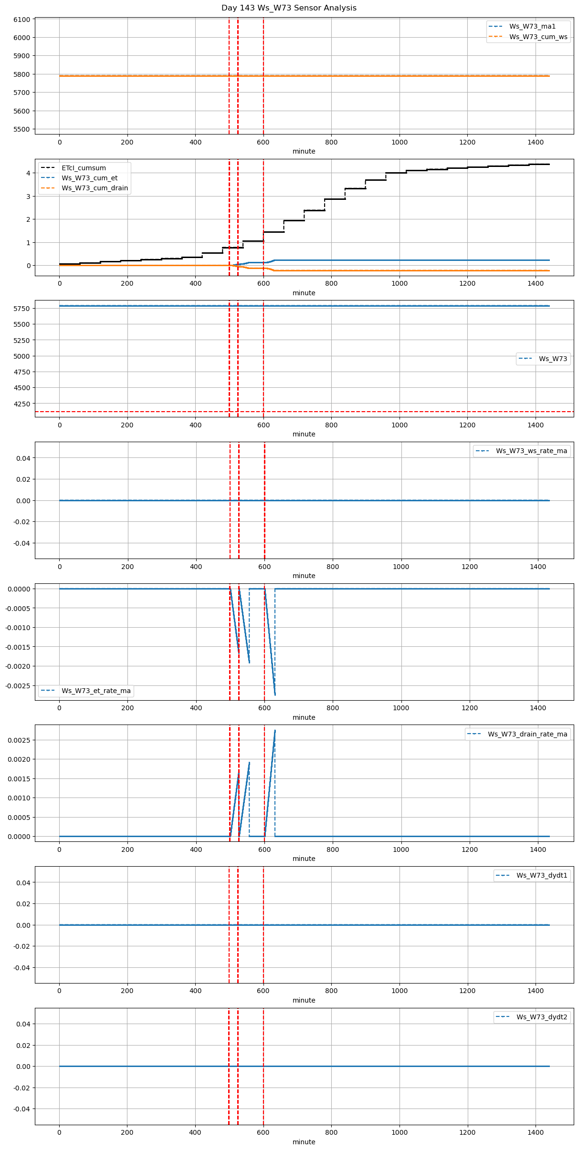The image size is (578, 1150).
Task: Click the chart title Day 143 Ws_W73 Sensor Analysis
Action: pyautogui.click(x=289, y=8)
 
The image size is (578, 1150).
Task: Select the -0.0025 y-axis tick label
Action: pyautogui.click(x=18, y=686)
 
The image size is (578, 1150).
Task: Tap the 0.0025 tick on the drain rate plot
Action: pyautogui.click(x=20, y=740)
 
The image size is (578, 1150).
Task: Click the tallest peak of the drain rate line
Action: pyautogui.click(x=275, y=730)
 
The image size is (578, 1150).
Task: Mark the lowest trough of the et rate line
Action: pyautogui.click(x=275, y=695)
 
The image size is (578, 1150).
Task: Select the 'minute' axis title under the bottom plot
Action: pyautogui.click(x=304, y=1142)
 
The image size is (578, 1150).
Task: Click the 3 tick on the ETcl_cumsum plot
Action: pyautogui.click(x=28, y=197)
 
